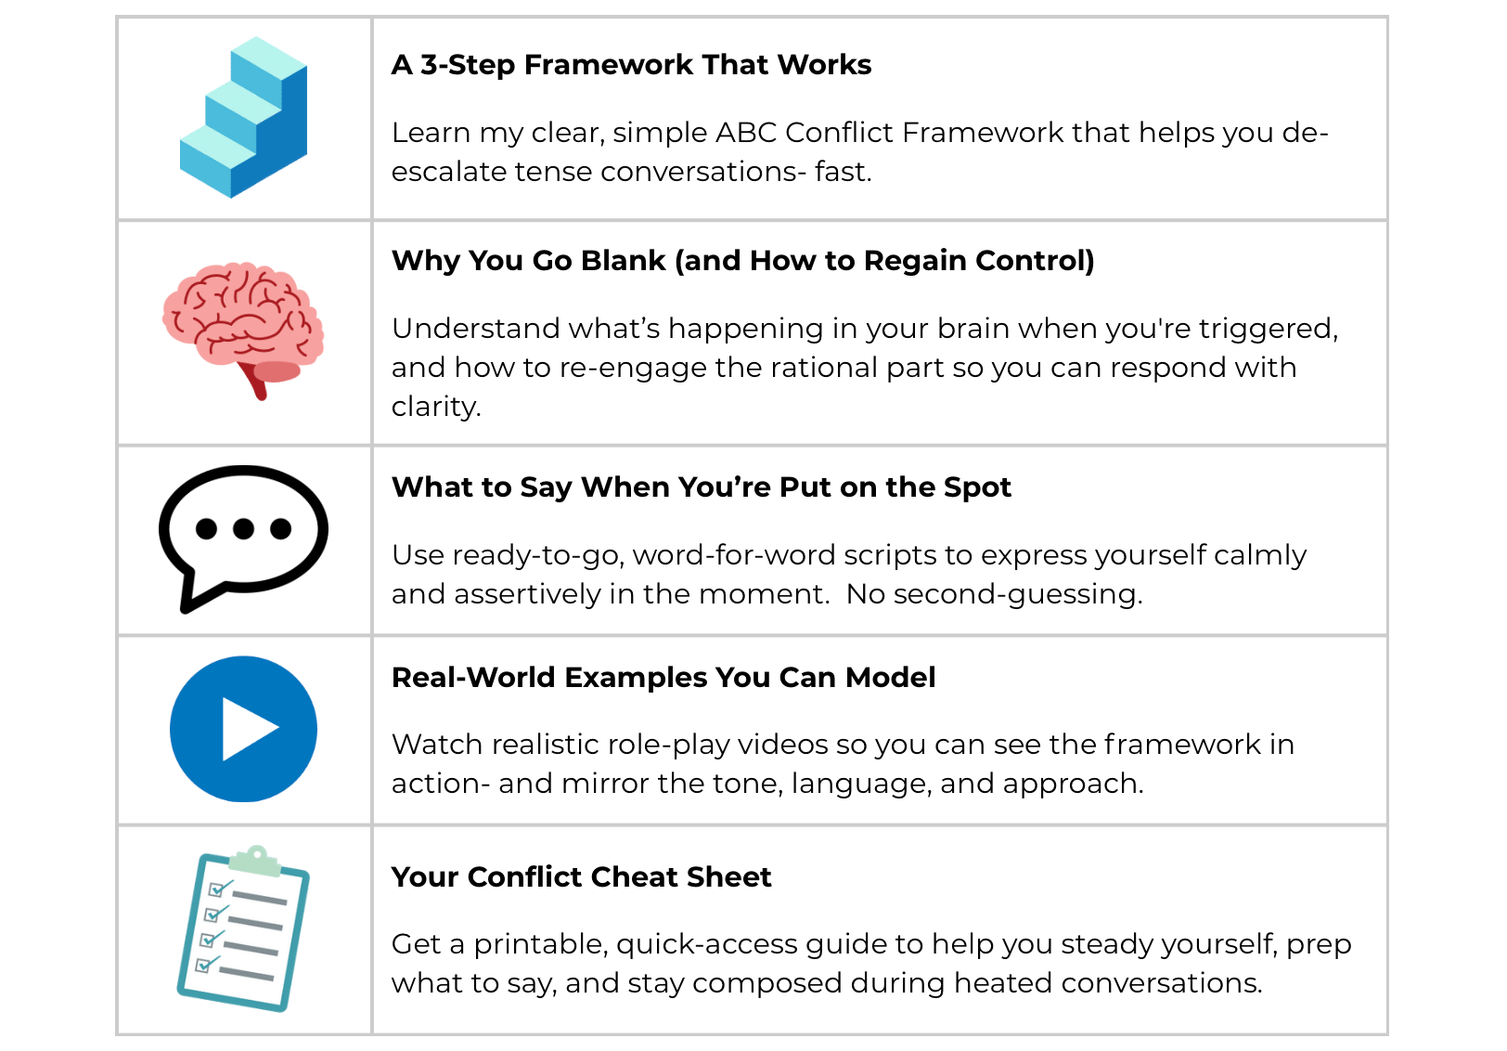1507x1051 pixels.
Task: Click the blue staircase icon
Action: click(243, 117)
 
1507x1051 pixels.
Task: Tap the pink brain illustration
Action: click(243, 320)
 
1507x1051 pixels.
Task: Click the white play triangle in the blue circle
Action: click(247, 730)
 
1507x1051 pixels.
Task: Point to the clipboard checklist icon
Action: click(243, 928)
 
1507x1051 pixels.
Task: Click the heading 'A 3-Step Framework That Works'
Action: click(631, 65)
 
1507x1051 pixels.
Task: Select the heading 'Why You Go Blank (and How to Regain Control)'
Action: click(742, 261)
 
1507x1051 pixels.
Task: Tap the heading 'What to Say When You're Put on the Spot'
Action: click(701, 487)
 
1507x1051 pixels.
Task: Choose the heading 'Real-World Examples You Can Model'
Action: click(663, 678)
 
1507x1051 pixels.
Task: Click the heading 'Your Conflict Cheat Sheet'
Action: click(581, 877)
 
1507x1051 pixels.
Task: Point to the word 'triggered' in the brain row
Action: click(1267, 329)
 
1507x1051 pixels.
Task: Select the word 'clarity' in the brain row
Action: click(434, 407)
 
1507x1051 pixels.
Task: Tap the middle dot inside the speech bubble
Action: click(243, 529)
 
